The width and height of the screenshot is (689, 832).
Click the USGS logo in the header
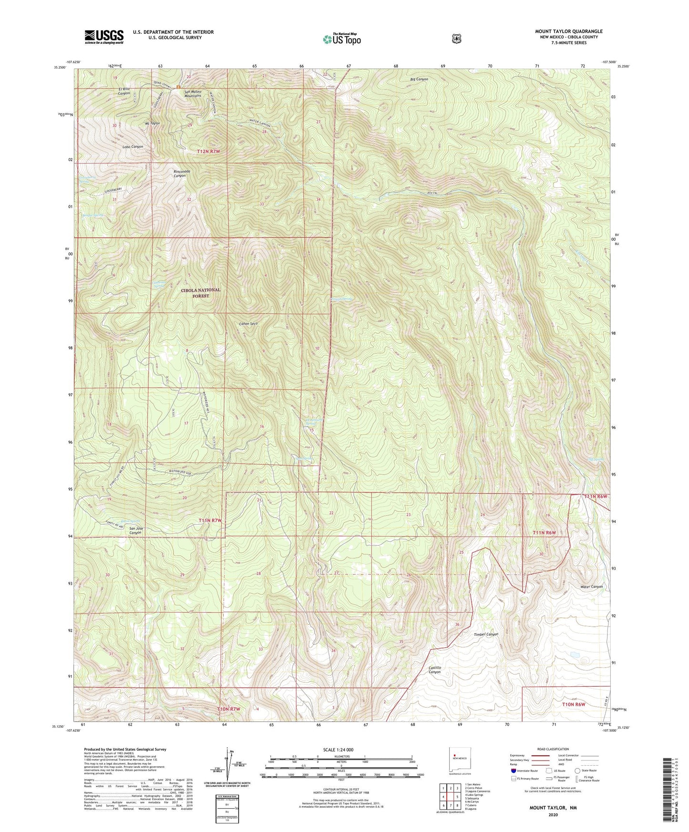[x=104, y=37]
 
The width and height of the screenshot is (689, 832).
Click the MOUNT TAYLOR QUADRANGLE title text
[x=568, y=31]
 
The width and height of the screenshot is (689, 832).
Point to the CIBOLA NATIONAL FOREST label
[x=200, y=293]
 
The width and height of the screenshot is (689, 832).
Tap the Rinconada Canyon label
[x=179, y=173]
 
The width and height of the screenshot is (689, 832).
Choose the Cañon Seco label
[x=248, y=324]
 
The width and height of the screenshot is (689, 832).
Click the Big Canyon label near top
[x=419, y=79]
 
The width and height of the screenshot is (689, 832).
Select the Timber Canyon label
[x=486, y=634]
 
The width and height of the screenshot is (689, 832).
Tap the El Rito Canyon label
[x=124, y=91]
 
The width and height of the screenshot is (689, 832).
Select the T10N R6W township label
[x=573, y=704]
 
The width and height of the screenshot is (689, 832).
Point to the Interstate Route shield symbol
[x=513, y=770]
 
